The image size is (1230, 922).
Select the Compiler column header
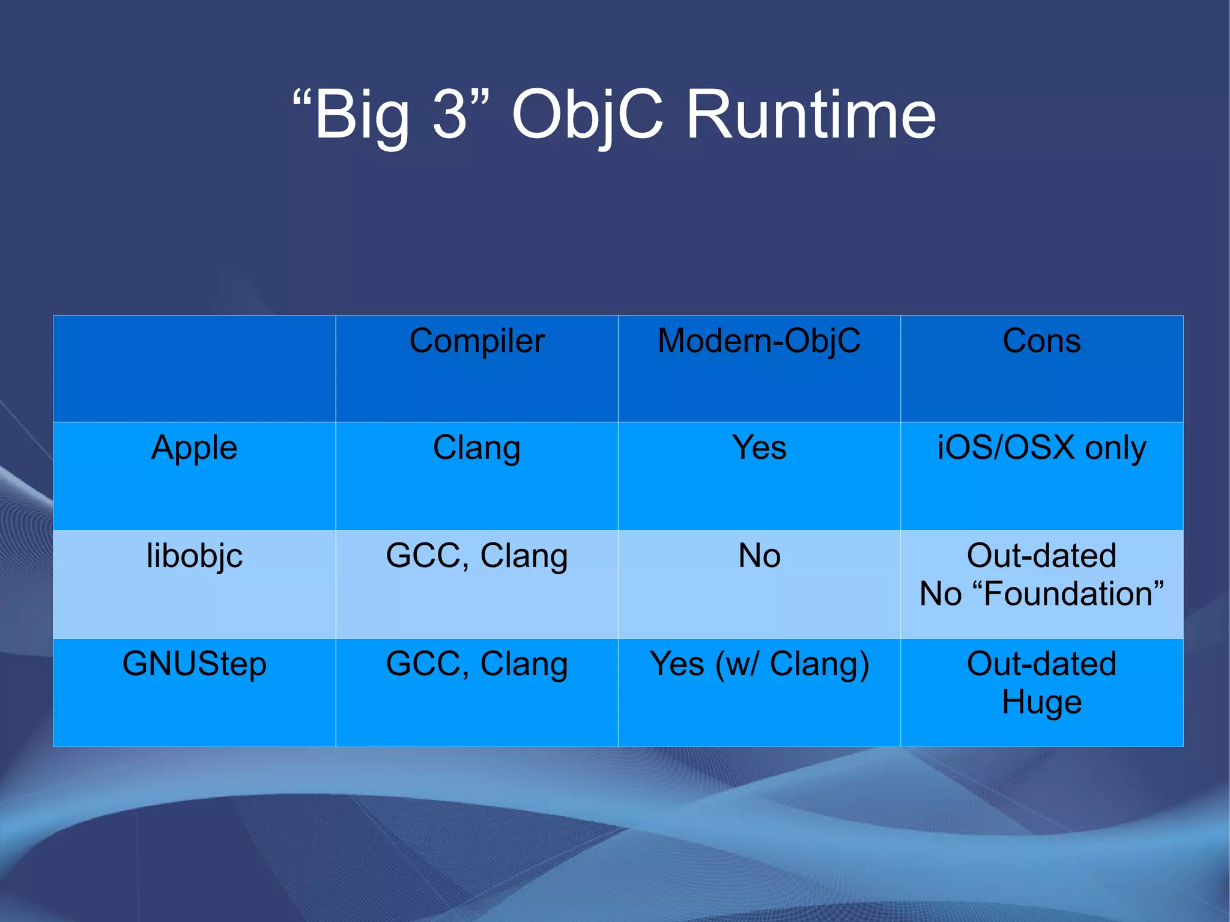(x=477, y=341)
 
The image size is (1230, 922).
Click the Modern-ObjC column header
(x=759, y=341)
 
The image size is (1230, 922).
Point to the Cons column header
(x=1041, y=341)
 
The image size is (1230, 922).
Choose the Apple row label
(x=194, y=448)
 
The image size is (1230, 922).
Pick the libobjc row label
(x=194, y=556)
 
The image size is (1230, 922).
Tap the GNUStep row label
(x=194, y=664)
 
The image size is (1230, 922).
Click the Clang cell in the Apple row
(x=477, y=448)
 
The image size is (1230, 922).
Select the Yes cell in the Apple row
(x=759, y=448)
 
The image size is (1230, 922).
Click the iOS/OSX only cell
(x=1041, y=448)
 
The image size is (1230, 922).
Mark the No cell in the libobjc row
(x=759, y=556)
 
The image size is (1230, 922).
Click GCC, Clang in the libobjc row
(x=477, y=556)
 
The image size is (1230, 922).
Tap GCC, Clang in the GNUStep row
(x=477, y=664)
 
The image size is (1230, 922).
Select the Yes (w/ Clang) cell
(x=759, y=664)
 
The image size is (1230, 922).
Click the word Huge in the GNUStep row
(x=1041, y=702)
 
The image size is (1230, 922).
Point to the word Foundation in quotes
(x=1068, y=594)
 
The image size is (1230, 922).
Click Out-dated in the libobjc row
(x=1041, y=556)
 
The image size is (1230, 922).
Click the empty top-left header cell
(x=194, y=368)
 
